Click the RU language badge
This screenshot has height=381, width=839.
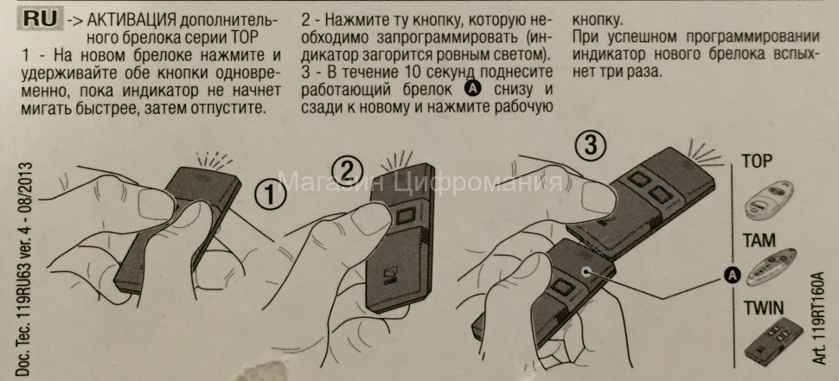pyautogui.click(x=40, y=19)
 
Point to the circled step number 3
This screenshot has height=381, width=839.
pyautogui.click(x=591, y=145)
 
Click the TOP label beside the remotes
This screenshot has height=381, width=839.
pyautogui.click(x=757, y=162)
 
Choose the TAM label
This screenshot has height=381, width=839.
pyautogui.click(x=759, y=240)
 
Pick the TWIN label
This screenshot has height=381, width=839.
pyautogui.click(x=764, y=308)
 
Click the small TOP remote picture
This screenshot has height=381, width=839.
pyautogui.click(x=770, y=200)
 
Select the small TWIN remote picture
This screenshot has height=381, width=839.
pyautogui.click(x=774, y=342)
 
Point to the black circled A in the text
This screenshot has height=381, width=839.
pyautogui.click(x=472, y=89)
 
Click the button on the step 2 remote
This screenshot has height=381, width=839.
pyautogui.click(x=407, y=215)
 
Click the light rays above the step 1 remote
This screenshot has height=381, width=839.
pyautogui.click(x=214, y=159)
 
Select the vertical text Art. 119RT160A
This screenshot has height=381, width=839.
pyautogui.click(x=818, y=318)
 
